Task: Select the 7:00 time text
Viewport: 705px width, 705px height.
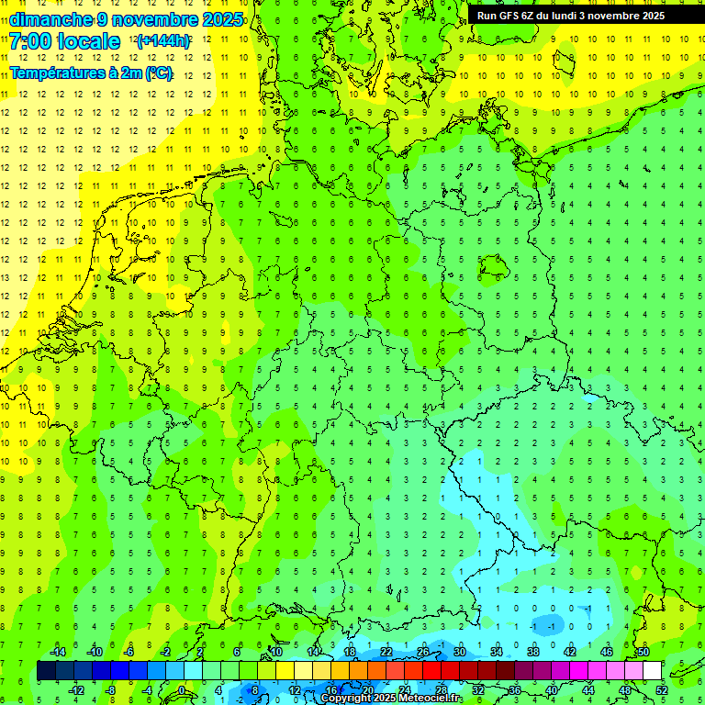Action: click(29, 41)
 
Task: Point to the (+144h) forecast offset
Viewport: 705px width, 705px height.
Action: click(162, 41)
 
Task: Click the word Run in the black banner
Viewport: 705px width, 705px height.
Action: click(487, 16)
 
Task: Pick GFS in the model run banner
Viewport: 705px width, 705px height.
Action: click(510, 16)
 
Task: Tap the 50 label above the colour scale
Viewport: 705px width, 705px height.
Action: click(643, 652)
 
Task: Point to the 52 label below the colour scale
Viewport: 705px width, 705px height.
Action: click(661, 689)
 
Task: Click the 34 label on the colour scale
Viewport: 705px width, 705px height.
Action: click(497, 652)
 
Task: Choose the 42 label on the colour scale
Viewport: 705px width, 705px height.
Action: click(570, 652)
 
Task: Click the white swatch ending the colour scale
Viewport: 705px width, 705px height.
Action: click(652, 671)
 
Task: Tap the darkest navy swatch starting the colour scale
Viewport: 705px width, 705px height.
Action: click(46, 671)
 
